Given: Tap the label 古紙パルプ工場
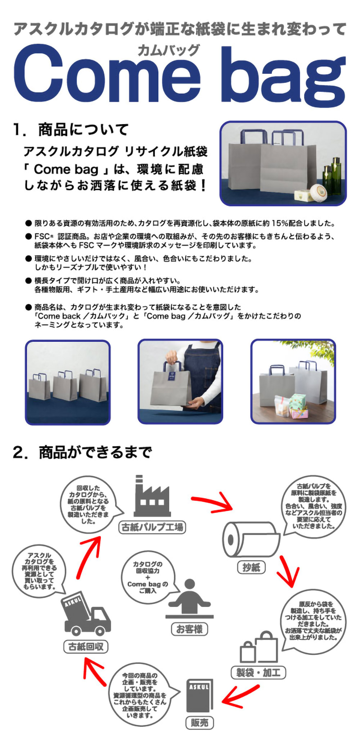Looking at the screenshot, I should pyautogui.click(x=152, y=527).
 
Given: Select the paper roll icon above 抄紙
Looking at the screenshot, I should pyautogui.click(x=251, y=539).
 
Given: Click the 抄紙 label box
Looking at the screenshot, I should pyautogui.click(x=251, y=567).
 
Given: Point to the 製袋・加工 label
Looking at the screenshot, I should pyautogui.click(x=258, y=672).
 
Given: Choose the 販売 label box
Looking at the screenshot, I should pyautogui.click(x=199, y=722).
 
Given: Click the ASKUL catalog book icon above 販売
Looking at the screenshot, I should pyautogui.click(x=199, y=696).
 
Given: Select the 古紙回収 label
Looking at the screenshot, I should pyautogui.click(x=86, y=647).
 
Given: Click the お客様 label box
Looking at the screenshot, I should pyautogui.click(x=189, y=629).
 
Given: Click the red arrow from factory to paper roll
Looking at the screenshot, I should pyautogui.click(x=212, y=502).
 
